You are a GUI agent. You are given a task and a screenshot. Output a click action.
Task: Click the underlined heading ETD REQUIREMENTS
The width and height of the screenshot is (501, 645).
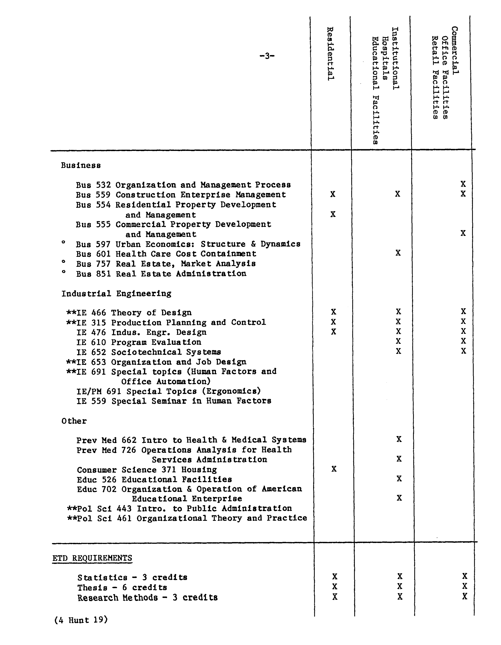[x=92, y=558]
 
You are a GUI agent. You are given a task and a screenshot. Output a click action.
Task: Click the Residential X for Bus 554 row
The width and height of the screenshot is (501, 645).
[x=333, y=214]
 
